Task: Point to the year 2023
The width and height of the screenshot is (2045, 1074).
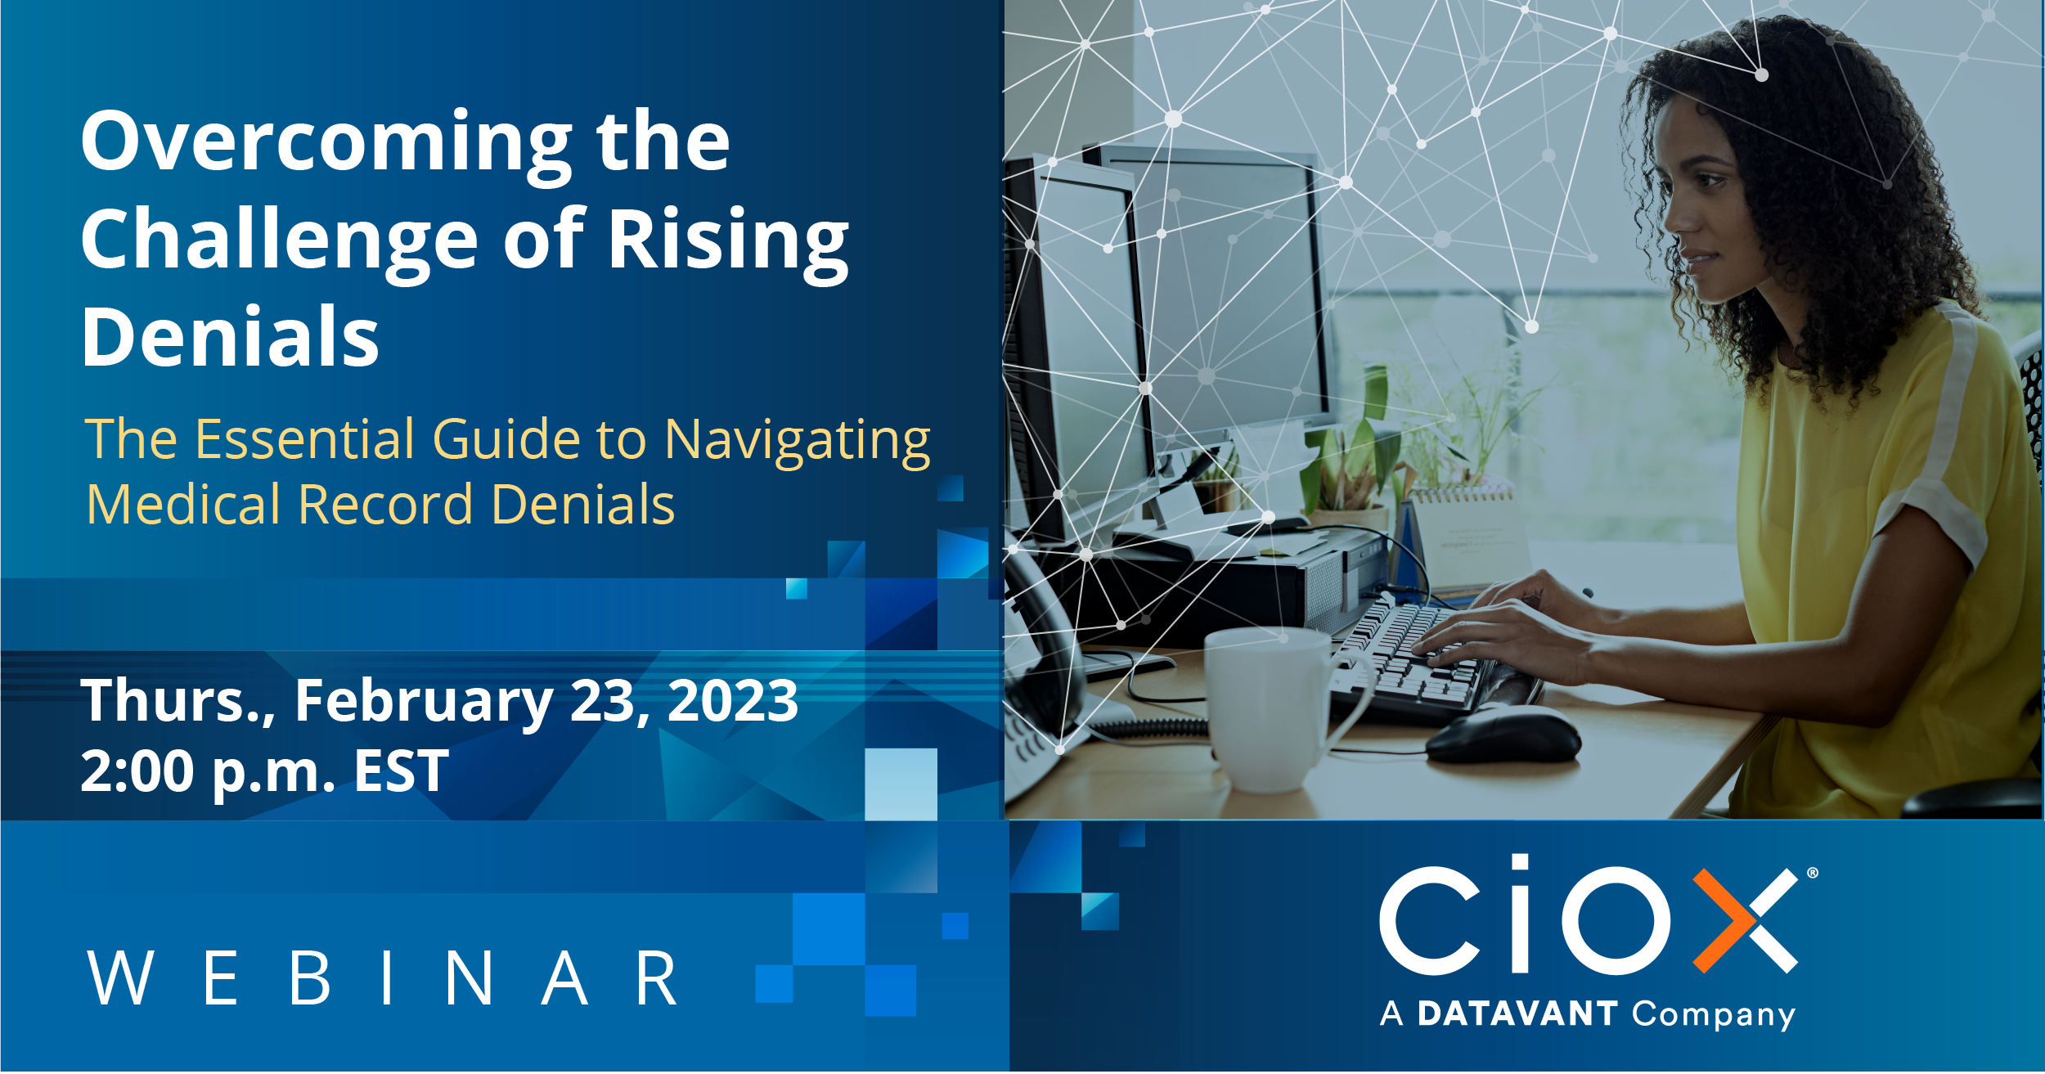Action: tap(733, 700)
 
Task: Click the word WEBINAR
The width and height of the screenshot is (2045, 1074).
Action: tap(383, 978)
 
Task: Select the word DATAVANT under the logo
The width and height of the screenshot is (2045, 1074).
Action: tap(1517, 1014)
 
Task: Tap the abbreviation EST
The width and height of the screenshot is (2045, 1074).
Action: tap(401, 771)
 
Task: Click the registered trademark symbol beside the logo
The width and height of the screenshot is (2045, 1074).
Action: tap(1813, 873)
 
